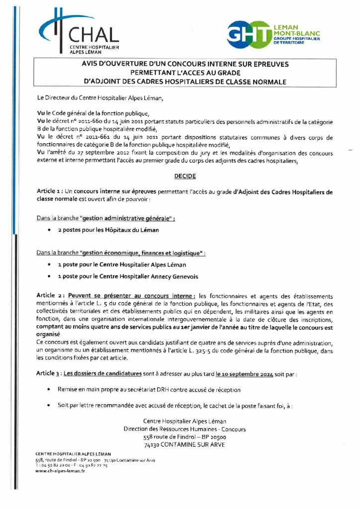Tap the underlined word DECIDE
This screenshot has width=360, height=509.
click(x=184, y=176)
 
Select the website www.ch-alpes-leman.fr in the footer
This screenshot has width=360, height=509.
click(x=60, y=471)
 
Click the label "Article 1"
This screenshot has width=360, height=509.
click(x=49, y=191)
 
